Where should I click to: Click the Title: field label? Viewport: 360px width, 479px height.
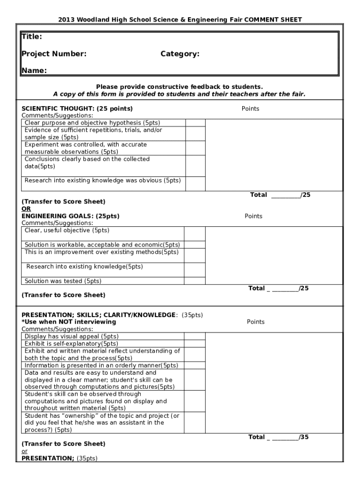click(x=32, y=36)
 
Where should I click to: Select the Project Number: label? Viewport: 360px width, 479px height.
click(x=54, y=54)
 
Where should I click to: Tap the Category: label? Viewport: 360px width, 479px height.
click(x=180, y=54)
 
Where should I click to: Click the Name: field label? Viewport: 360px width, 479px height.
click(x=34, y=71)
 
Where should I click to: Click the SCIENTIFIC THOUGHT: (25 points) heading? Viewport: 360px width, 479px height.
click(x=77, y=109)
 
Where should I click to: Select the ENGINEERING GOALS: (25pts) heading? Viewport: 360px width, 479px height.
click(x=71, y=216)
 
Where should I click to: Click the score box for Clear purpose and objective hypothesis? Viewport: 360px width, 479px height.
click(x=195, y=123)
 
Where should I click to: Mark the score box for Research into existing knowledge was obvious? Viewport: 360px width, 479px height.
click(x=195, y=184)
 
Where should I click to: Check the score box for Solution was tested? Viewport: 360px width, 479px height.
click(x=194, y=281)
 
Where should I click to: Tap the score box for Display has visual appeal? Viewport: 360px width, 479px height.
click(x=194, y=336)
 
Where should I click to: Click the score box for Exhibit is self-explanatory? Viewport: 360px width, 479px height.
click(x=194, y=344)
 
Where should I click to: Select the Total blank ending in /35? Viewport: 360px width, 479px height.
click(x=285, y=437)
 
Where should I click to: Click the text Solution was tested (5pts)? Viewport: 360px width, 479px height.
click(x=63, y=281)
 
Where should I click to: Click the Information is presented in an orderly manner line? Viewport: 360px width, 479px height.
click(x=101, y=365)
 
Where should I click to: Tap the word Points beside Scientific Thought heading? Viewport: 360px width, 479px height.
click(x=250, y=109)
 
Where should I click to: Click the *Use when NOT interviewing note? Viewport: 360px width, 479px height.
click(x=69, y=322)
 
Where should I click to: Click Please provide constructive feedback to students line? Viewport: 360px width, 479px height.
click(x=179, y=87)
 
